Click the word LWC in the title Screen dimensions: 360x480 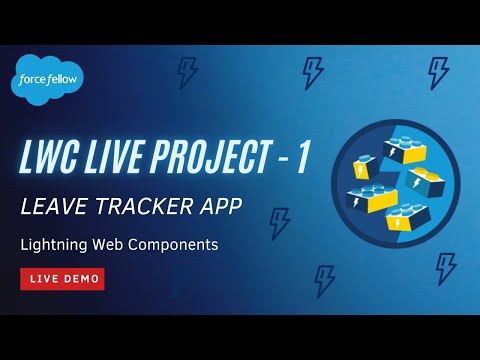pyautogui.click(x=55, y=161)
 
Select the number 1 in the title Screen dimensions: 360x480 pyautogui.click(x=302, y=161)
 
